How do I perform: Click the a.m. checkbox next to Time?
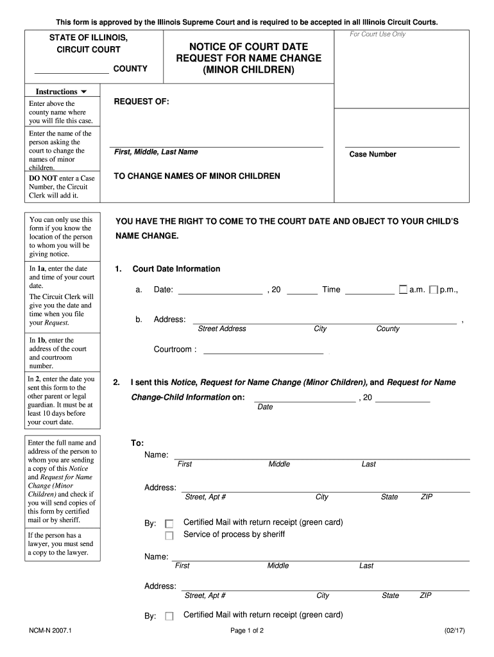[403, 290]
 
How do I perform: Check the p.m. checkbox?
[434, 290]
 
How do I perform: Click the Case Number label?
[373, 155]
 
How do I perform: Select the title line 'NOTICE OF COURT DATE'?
[249, 47]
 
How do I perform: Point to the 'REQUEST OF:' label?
[141, 102]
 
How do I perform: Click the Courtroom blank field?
[263, 350]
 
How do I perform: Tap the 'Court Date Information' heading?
[176, 269]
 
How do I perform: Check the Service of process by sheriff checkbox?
[169, 535]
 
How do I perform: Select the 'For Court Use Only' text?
[377, 34]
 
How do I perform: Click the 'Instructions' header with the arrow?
[62, 92]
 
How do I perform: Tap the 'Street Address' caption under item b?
[222, 329]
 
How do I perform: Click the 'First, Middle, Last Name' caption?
[156, 152]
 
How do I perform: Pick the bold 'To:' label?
[137, 443]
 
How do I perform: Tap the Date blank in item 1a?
[219, 290]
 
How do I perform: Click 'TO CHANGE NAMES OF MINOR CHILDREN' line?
[197, 176]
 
